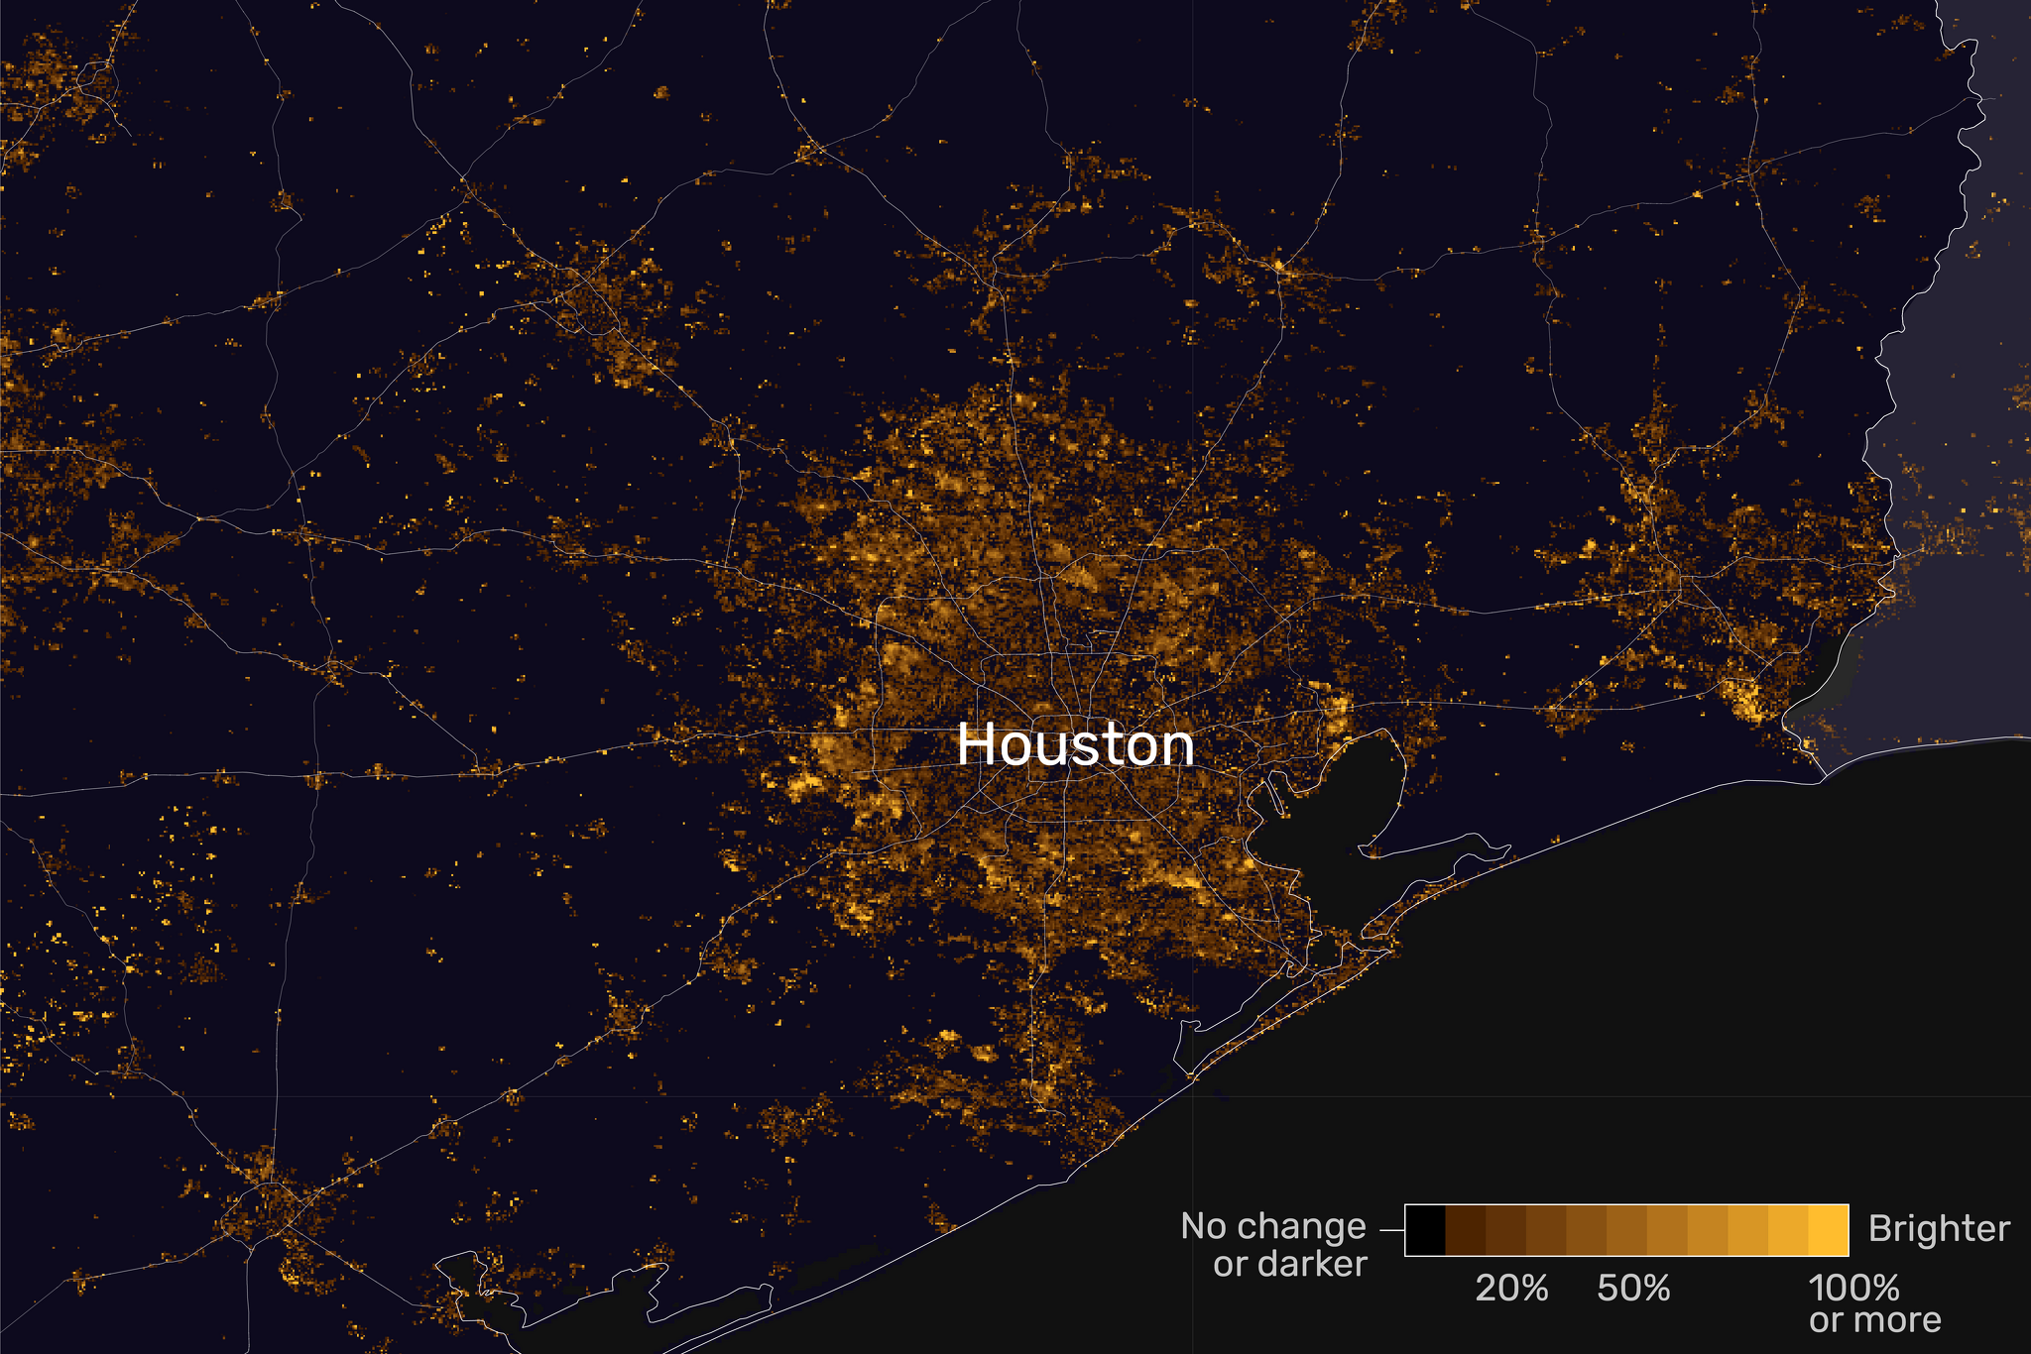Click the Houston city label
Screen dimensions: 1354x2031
pyautogui.click(x=1075, y=744)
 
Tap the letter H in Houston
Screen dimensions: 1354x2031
pyautogui.click(x=976, y=744)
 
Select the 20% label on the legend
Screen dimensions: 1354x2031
pyautogui.click(x=1511, y=1288)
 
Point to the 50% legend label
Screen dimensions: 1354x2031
pyautogui.click(x=1633, y=1288)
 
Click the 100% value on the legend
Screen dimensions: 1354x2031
pyautogui.click(x=1853, y=1288)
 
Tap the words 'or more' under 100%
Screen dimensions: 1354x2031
pyautogui.click(x=1874, y=1320)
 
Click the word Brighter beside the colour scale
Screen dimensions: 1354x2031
pyautogui.click(x=1939, y=1229)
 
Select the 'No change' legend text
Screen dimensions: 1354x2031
pyautogui.click(x=1273, y=1226)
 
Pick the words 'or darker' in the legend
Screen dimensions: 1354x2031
pyautogui.click(x=1289, y=1264)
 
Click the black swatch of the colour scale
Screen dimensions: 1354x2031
pyautogui.click(x=1425, y=1230)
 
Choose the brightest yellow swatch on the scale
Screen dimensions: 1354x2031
pyautogui.click(x=1829, y=1230)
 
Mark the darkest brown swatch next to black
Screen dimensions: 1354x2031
pyautogui.click(x=1466, y=1230)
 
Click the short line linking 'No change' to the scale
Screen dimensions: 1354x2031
pyautogui.click(x=1391, y=1229)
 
